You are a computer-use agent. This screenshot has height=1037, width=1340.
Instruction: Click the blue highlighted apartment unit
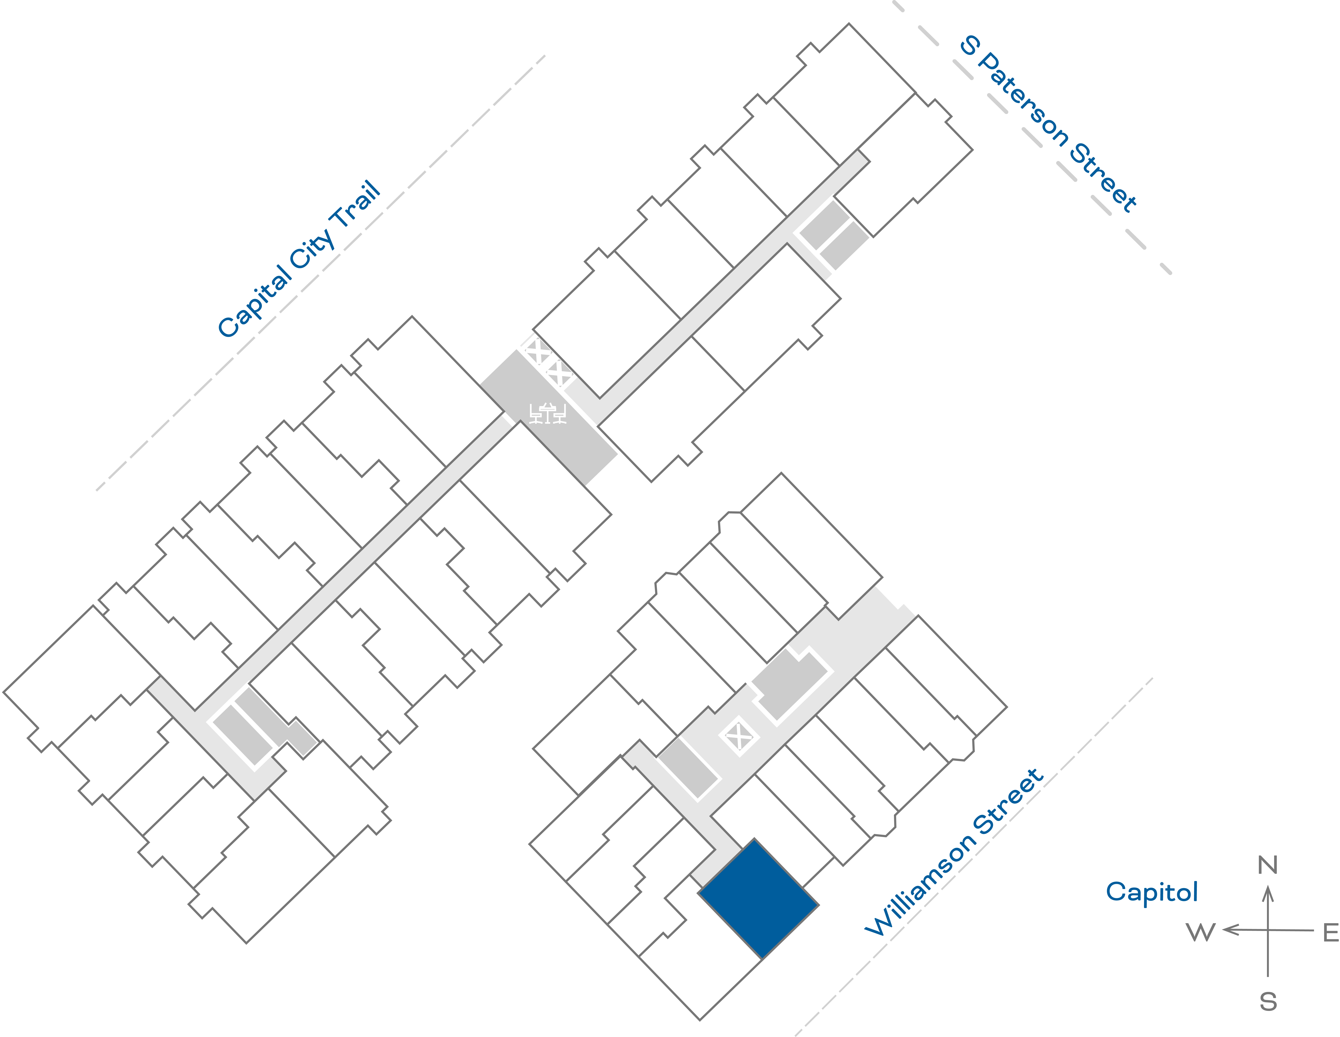(x=758, y=899)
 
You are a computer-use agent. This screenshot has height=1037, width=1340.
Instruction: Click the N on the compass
(x=1268, y=865)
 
